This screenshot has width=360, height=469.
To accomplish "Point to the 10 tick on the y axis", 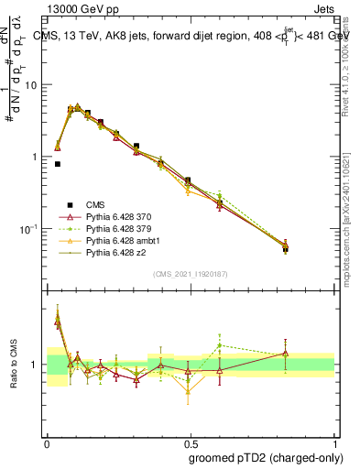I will (32, 85).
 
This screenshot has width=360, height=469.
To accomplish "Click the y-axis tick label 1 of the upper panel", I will (36, 157).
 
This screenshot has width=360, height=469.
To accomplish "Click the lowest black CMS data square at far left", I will (58, 164).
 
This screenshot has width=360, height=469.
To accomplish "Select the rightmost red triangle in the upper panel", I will (286, 245).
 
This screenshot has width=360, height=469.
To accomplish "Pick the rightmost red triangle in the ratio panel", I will (286, 353).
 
